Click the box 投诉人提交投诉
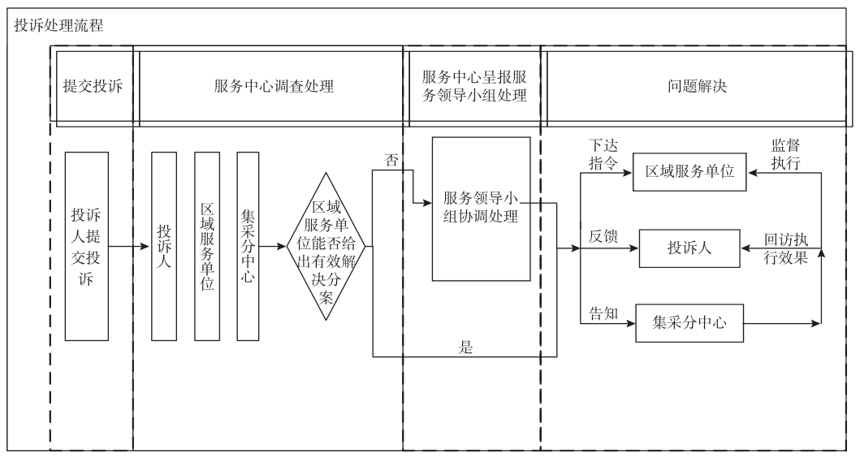point(86,246)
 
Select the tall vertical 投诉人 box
point(163,246)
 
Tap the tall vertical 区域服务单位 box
point(206,246)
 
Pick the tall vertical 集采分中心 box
point(248,246)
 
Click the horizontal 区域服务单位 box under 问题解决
point(689,172)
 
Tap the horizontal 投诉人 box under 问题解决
point(689,248)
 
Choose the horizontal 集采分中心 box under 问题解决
point(689,323)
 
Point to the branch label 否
point(391,160)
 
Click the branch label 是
point(465,347)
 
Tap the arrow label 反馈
point(603,238)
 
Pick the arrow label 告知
point(603,313)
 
